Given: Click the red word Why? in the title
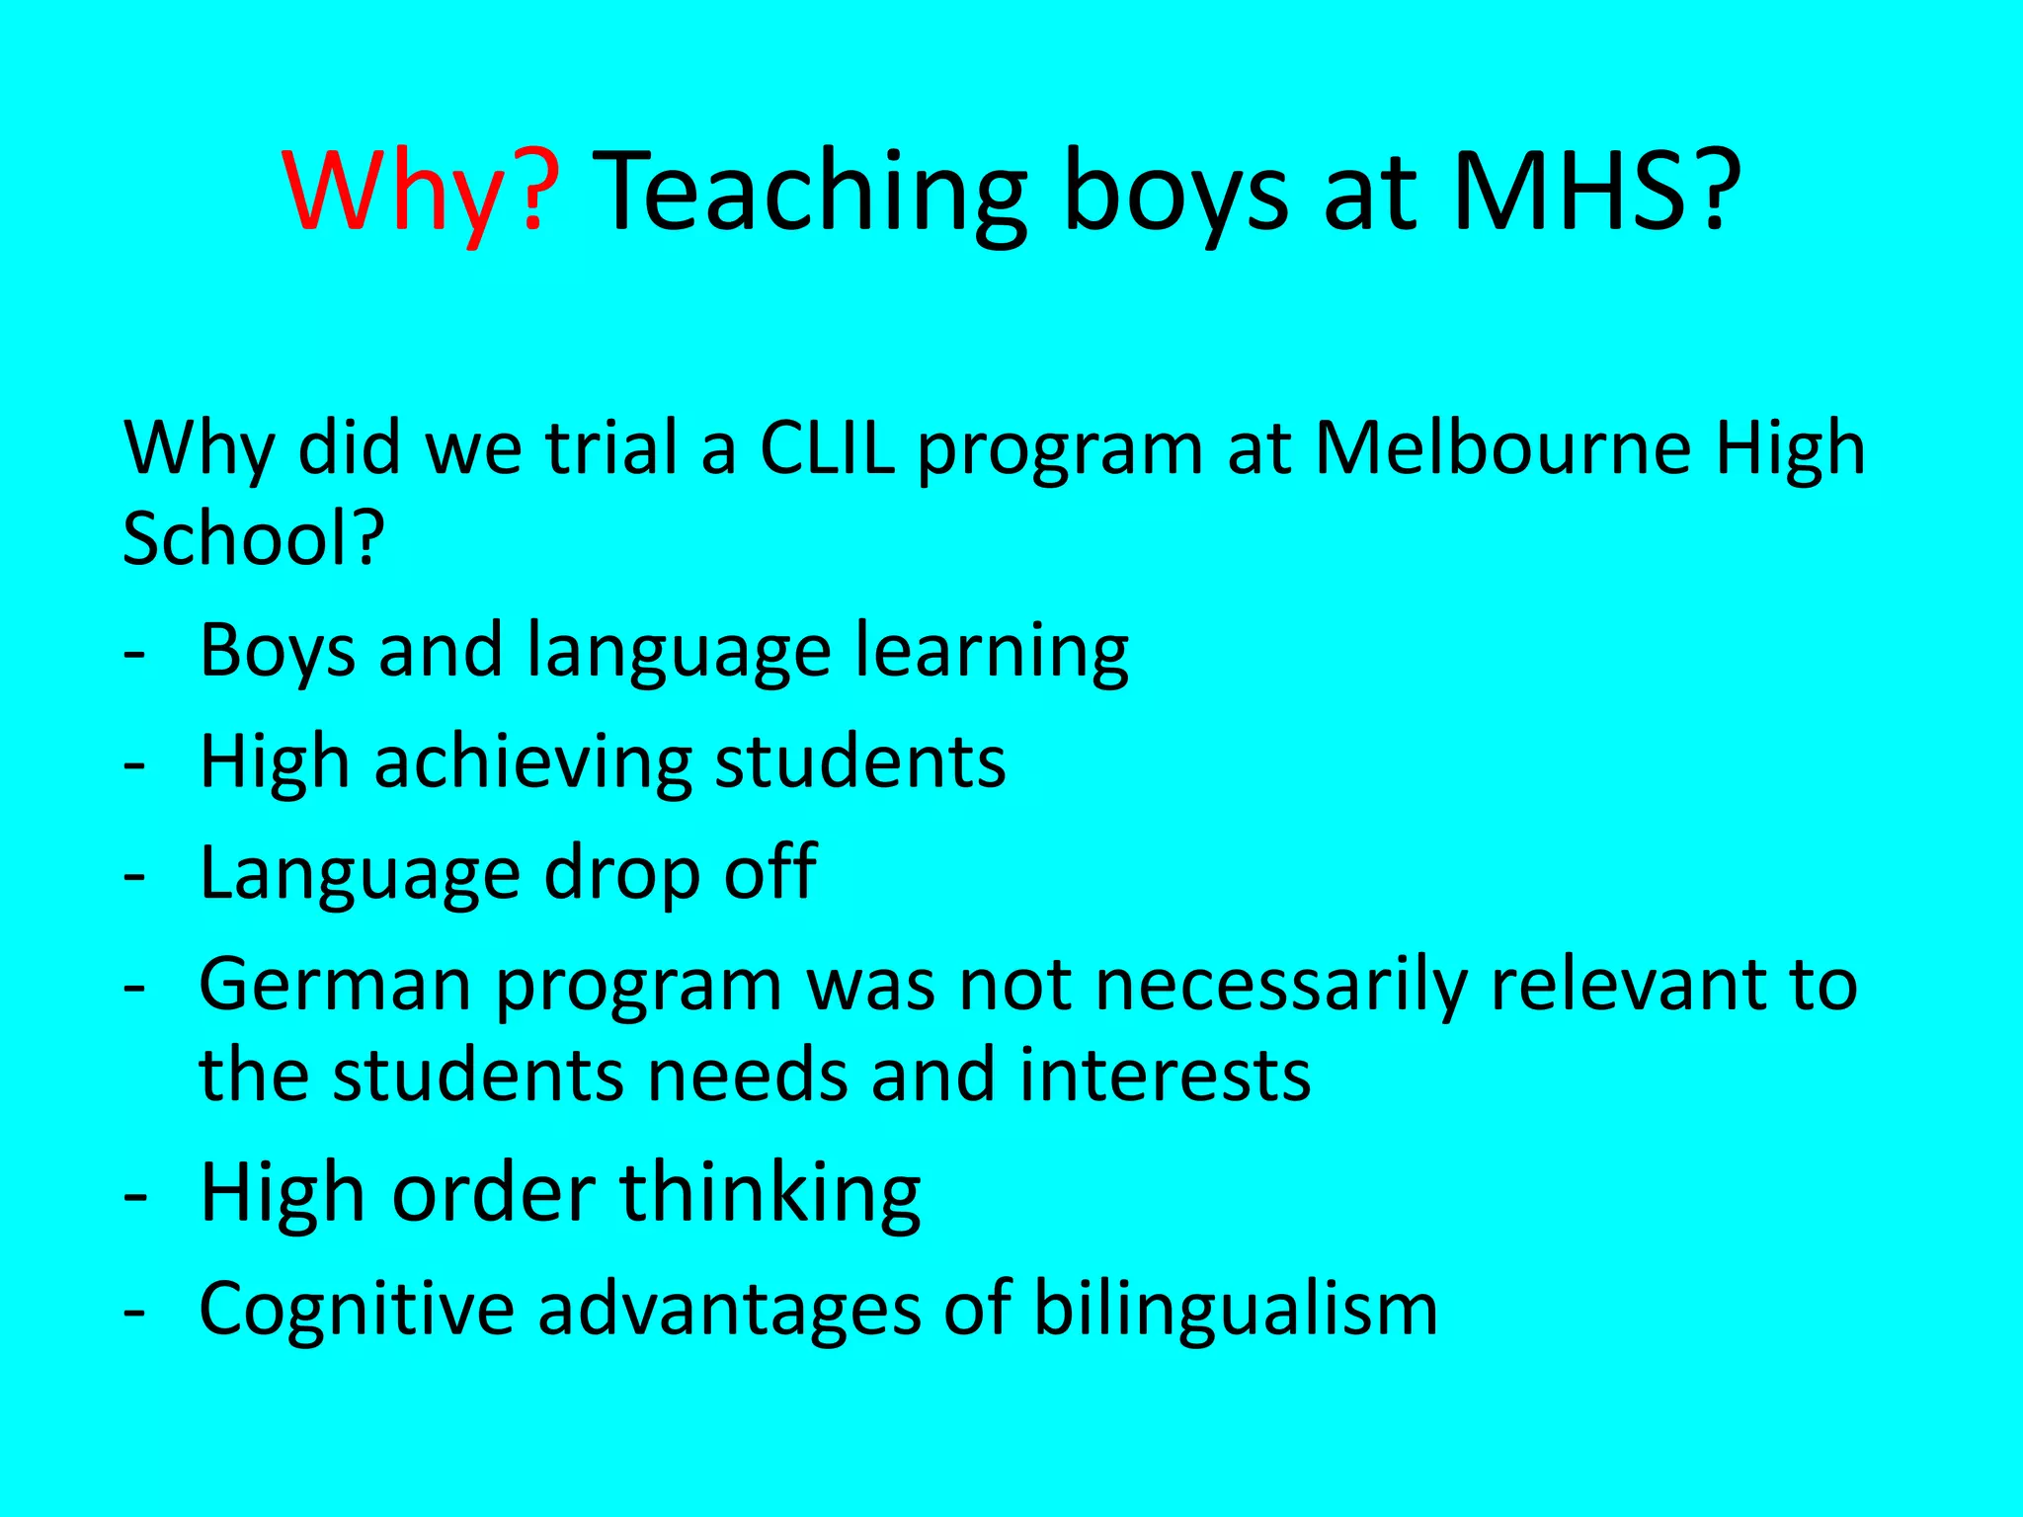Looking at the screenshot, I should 421,192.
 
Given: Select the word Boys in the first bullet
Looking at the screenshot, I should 278,652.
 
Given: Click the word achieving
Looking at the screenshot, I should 532,762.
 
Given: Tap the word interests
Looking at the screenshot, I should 1165,1076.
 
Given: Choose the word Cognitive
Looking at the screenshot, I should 357,1309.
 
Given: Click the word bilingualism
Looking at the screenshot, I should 1235,1309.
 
